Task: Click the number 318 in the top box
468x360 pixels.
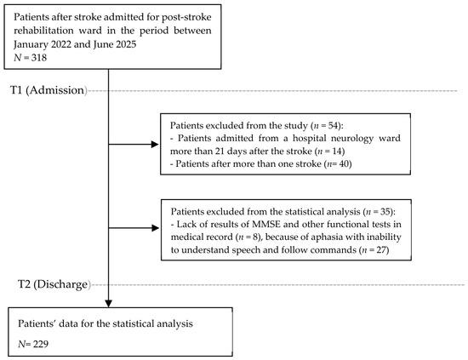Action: [39, 57]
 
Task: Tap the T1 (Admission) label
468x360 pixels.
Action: [49, 90]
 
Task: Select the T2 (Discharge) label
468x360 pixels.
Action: [54, 284]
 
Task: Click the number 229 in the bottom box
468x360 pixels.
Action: [41, 344]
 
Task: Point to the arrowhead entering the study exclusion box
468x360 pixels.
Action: [155, 145]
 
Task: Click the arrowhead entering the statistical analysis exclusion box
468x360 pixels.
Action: [155, 228]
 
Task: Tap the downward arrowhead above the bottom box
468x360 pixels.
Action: [109, 303]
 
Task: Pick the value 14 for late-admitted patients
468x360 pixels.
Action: [337, 151]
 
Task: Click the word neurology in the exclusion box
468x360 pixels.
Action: [355, 139]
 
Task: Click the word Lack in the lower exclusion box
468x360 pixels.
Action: [185, 224]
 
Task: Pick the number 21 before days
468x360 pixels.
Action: [220, 151]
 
